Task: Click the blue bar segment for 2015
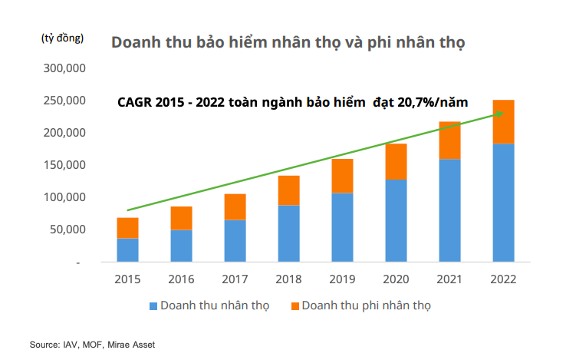pos(128,250)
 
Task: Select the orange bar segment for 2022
pos(503,122)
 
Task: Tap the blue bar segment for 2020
pos(396,220)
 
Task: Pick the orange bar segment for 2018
pos(288,190)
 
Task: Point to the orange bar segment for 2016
pos(181,218)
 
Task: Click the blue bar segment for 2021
pos(449,210)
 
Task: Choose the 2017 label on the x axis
pos(235,279)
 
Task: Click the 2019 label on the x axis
pos(342,279)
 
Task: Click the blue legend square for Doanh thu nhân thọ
pos(153,306)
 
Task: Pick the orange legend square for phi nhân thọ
pos(294,306)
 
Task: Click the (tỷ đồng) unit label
pos(61,38)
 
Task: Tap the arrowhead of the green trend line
pos(499,114)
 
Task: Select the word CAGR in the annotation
pos(134,101)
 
